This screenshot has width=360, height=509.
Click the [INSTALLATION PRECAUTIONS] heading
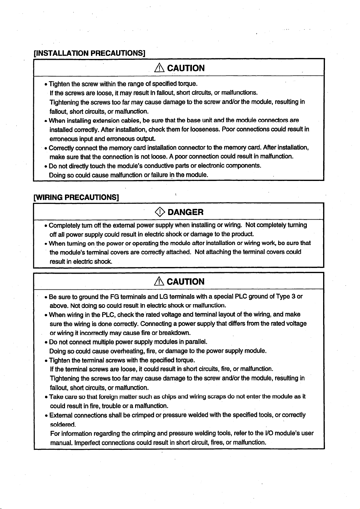[x=90, y=53]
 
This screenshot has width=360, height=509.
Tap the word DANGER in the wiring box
[x=186, y=212]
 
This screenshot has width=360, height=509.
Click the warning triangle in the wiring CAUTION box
[x=159, y=282]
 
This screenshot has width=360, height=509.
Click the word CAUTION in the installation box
[x=186, y=68]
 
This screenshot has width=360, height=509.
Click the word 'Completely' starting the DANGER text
[x=64, y=225]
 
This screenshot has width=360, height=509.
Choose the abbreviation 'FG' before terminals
[x=115, y=296]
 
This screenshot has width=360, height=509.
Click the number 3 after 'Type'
[x=293, y=296]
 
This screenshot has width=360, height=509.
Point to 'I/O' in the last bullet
[x=269, y=434]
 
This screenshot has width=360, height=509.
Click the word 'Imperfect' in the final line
[x=88, y=443]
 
